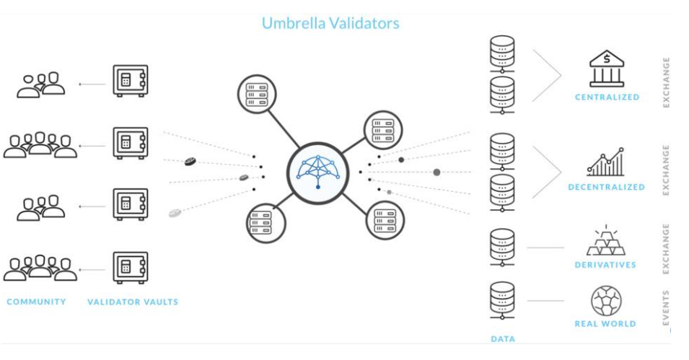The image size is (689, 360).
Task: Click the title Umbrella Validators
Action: point(330,23)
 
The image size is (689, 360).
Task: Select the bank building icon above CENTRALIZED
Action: point(607,69)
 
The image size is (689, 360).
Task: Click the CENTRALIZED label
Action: point(607,97)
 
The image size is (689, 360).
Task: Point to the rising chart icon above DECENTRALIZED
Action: point(606,162)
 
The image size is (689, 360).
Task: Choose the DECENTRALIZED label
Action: point(606,187)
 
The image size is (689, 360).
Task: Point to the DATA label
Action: point(502,338)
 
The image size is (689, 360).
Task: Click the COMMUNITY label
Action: point(36,302)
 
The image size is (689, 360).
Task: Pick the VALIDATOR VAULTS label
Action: point(132,302)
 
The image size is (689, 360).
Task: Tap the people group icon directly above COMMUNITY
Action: point(40,268)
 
